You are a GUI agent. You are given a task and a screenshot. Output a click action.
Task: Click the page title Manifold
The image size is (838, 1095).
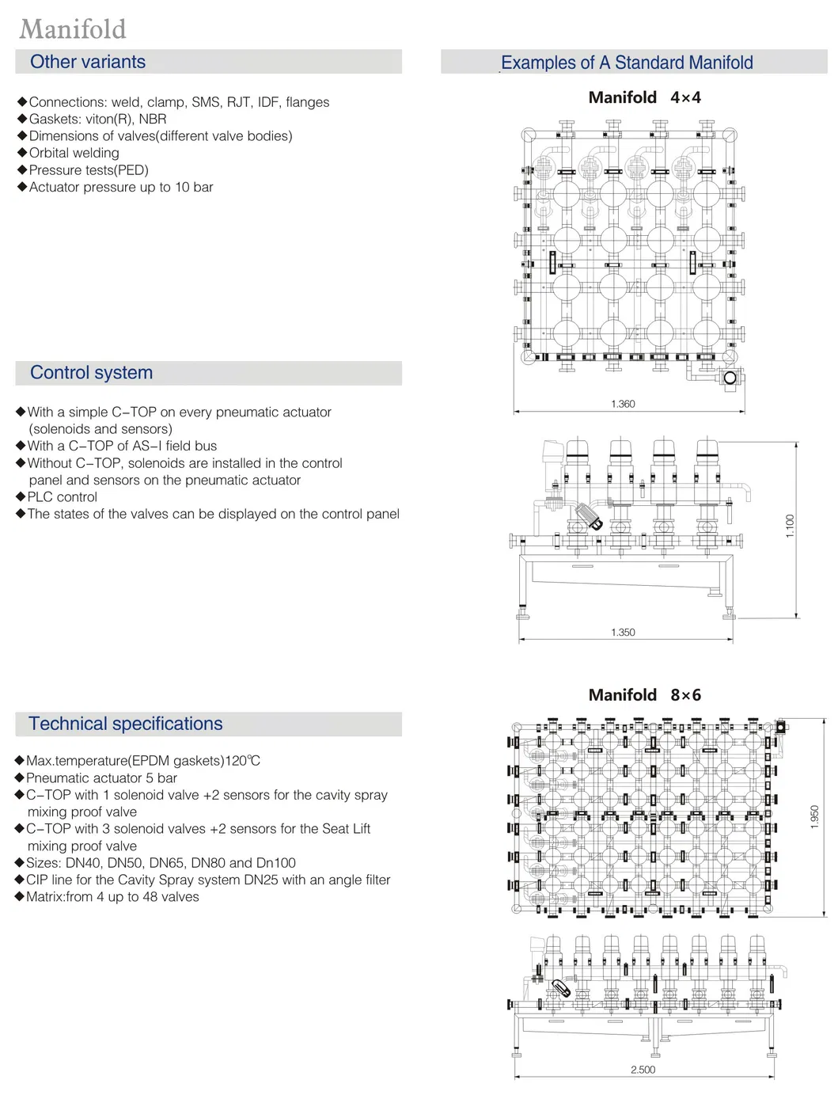click(73, 29)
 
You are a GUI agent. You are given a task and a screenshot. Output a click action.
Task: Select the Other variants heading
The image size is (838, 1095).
click(88, 62)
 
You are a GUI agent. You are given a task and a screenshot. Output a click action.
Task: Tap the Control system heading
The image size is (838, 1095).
click(91, 373)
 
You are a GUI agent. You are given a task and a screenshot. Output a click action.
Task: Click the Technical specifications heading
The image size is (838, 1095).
click(126, 724)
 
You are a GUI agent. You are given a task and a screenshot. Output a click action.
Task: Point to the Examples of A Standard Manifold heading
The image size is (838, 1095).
click(627, 63)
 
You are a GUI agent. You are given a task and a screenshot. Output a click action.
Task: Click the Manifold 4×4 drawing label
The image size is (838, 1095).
click(644, 97)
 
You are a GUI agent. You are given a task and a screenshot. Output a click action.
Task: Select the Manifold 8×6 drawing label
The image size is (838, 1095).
click(644, 695)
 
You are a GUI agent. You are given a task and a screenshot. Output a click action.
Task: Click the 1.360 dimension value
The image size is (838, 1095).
click(623, 404)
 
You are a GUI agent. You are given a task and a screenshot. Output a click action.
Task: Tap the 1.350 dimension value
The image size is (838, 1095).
click(623, 633)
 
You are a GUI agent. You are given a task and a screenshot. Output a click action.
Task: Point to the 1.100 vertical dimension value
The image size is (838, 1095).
click(790, 526)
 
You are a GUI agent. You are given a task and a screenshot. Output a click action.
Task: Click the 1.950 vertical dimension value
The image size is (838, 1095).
click(814, 817)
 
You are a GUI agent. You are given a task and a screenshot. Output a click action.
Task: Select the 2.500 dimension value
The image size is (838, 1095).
click(643, 1070)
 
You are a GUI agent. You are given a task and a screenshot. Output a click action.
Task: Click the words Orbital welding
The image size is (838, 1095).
click(74, 153)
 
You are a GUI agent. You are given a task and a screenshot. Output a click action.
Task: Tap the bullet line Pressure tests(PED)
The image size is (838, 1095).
click(89, 170)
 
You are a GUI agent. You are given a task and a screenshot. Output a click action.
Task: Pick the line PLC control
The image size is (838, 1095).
click(63, 497)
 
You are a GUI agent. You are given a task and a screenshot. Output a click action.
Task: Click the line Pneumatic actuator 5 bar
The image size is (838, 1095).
click(101, 778)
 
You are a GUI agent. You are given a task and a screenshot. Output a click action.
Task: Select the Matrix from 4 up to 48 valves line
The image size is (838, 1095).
click(112, 897)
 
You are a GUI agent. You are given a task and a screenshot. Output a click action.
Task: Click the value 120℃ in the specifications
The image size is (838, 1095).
click(242, 761)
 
